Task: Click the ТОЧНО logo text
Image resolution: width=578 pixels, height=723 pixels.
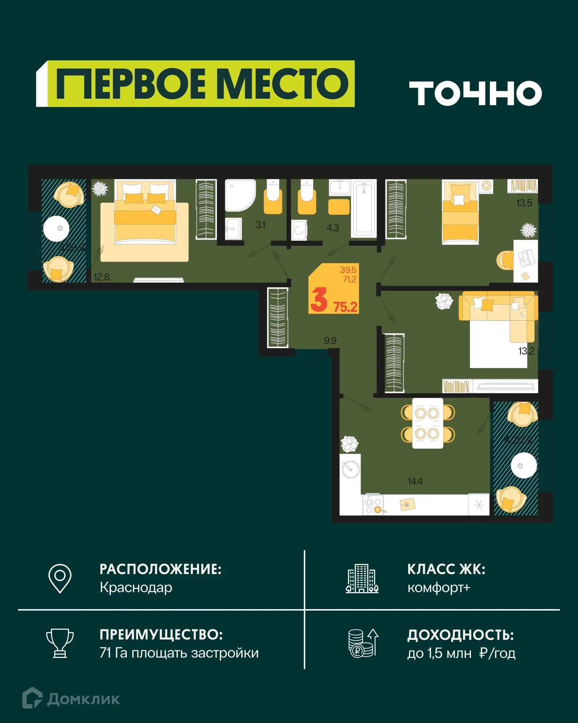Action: pyautogui.click(x=475, y=93)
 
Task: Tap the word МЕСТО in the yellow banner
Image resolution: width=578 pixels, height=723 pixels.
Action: pyautogui.click(x=284, y=84)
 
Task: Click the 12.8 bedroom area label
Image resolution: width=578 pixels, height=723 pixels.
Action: pyautogui.click(x=102, y=277)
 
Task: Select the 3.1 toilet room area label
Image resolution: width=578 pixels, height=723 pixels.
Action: pyautogui.click(x=260, y=225)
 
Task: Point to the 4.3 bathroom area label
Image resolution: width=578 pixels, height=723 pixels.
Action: pyautogui.click(x=332, y=228)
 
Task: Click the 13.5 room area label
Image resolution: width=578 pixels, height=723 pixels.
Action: pyautogui.click(x=524, y=203)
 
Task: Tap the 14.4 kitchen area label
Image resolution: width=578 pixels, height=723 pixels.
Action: pyautogui.click(x=415, y=482)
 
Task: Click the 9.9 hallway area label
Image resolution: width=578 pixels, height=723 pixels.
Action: pyautogui.click(x=330, y=341)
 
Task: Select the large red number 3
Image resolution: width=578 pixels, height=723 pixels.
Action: pyautogui.click(x=319, y=300)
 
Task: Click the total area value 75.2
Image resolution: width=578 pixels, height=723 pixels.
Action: pyautogui.click(x=345, y=307)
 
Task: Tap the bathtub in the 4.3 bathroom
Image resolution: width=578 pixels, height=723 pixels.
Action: pyautogui.click(x=364, y=209)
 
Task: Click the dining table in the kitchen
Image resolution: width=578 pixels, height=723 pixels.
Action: pyautogui.click(x=428, y=423)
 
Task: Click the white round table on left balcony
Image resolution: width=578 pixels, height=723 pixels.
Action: pyautogui.click(x=56, y=228)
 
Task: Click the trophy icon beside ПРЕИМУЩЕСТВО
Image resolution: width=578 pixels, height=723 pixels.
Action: pyautogui.click(x=60, y=643)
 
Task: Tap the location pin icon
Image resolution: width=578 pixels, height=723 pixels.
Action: pyautogui.click(x=60, y=578)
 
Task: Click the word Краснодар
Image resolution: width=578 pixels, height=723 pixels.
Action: pyautogui.click(x=136, y=588)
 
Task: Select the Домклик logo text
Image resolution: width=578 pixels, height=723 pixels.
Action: pyautogui.click(x=83, y=699)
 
